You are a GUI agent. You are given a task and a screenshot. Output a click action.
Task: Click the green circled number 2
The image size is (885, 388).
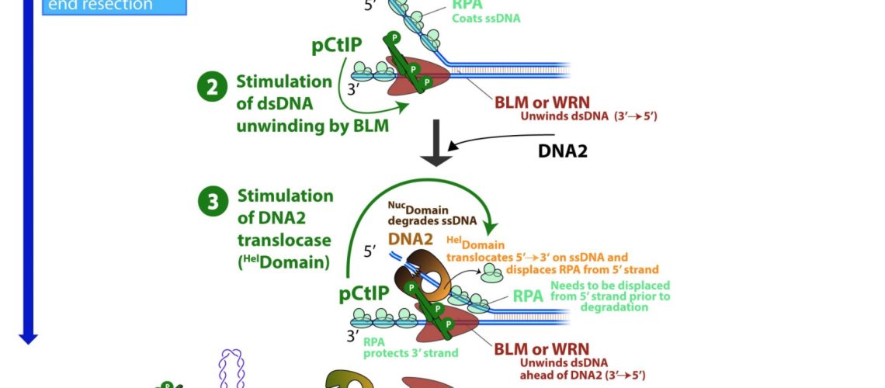tap(212, 89)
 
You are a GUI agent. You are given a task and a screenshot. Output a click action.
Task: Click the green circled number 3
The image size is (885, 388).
tap(212, 204)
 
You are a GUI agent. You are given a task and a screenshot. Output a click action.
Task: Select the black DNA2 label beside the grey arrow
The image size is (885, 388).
tap(563, 151)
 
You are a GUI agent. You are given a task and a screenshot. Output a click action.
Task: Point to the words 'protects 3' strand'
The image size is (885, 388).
tap(411, 353)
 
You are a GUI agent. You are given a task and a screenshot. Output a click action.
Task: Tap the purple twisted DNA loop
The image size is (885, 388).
tap(231, 369)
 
